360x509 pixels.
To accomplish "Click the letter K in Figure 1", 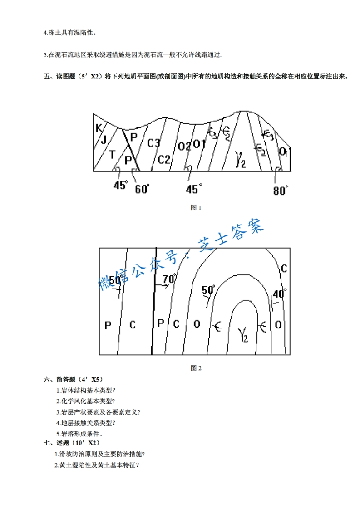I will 99,128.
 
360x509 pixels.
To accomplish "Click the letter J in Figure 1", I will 104,139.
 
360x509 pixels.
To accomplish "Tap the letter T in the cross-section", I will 112,155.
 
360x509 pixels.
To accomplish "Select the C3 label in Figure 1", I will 154,143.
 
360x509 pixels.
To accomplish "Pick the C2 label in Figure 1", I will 164,159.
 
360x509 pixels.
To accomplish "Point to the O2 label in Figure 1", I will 184,146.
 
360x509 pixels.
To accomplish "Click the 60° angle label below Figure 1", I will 142,189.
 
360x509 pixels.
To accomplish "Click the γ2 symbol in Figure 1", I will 241,160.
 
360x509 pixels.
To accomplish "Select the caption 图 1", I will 196,207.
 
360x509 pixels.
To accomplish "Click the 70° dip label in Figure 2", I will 168,279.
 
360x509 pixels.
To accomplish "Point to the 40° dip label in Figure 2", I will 280,293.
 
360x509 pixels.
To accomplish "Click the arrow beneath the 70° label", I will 162,285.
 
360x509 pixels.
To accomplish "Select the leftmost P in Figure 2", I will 108,325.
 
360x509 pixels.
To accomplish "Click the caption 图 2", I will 196,368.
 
